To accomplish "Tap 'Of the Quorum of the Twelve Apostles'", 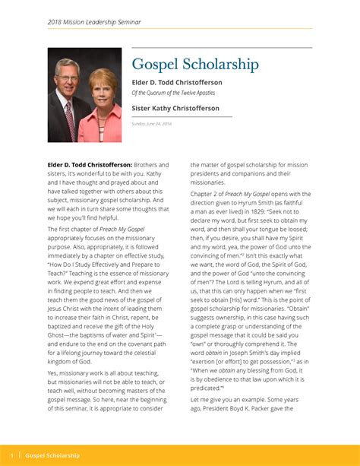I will [173, 93].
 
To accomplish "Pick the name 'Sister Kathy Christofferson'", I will [175, 109].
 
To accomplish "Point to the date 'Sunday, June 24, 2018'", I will [152, 123].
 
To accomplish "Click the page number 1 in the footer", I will [13, 455].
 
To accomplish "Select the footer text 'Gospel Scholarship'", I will [52, 455].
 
